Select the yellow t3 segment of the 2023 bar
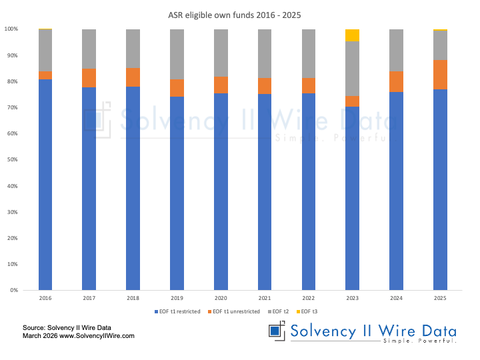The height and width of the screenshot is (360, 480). pyautogui.click(x=352, y=35)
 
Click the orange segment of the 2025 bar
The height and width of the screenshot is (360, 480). pyautogui.click(x=440, y=75)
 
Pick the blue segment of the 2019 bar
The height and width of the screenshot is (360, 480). pyautogui.click(x=177, y=193)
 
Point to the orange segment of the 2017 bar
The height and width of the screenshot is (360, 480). pyautogui.click(x=89, y=78)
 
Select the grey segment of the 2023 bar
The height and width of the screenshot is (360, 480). pyautogui.click(x=352, y=69)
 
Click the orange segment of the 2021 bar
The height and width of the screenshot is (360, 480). pyautogui.click(x=265, y=86)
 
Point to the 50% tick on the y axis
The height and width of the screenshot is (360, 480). pyautogui.click(x=11, y=160)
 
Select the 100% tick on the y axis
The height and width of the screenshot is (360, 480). pyautogui.click(x=11, y=29)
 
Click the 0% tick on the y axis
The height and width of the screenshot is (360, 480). pyautogui.click(x=13, y=291)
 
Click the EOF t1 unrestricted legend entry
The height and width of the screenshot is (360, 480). pyautogui.click(x=234, y=312)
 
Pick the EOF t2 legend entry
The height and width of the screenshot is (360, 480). pyautogui.click(x=280, y=312)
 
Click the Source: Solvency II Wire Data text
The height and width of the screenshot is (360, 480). pyautogui.click(x=66, y=327)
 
